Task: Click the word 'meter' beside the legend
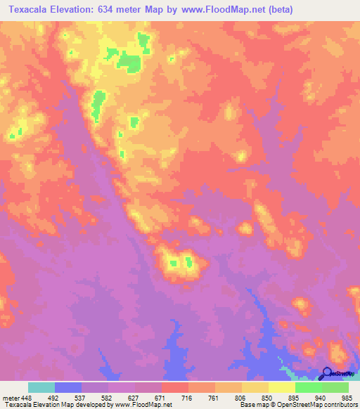click(11, 398)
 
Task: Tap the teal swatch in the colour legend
click(41, 387)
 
